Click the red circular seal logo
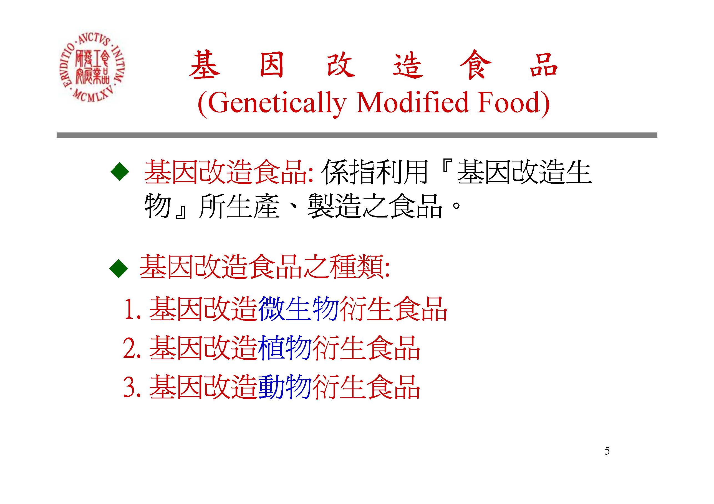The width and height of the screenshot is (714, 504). click(92, 67)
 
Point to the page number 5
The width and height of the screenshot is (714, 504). click(607, 451)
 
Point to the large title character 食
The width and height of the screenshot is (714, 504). click(476, 65)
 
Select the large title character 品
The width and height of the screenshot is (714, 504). click(544, 65)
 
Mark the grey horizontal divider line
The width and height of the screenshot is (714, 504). click(357, 135)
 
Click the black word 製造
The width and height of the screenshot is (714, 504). click(335, 206)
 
